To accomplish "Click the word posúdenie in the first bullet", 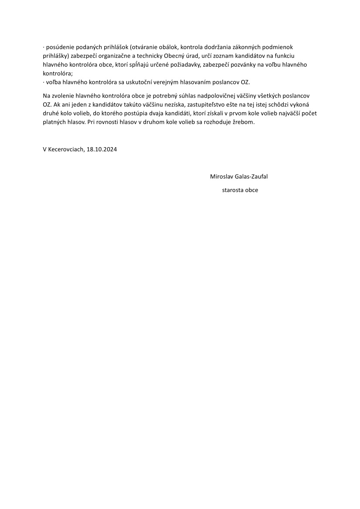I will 59,47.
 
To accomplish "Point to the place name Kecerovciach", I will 65,149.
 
